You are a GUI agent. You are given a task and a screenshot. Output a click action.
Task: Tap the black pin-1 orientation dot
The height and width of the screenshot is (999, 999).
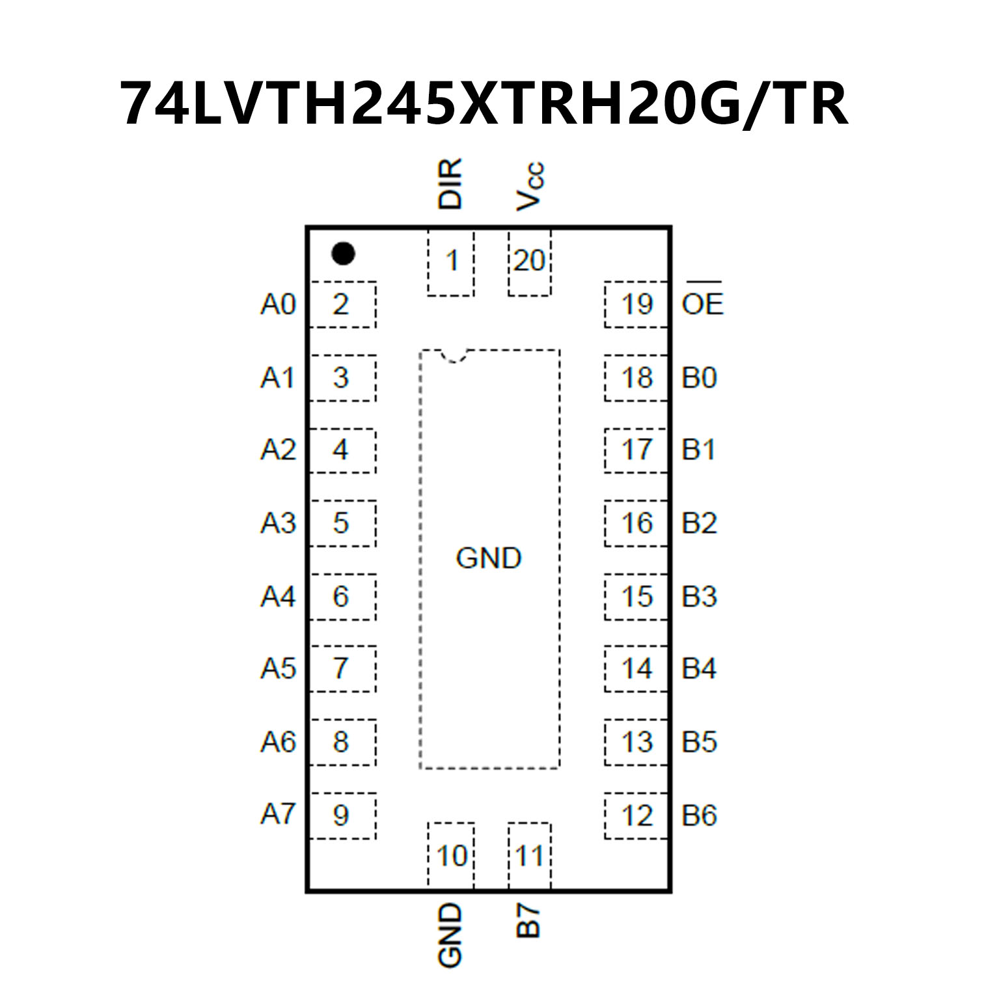point(343,253)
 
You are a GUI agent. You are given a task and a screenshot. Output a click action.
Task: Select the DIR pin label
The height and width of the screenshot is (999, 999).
point(450,184)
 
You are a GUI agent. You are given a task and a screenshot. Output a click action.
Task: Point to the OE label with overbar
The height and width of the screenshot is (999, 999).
point(702,303)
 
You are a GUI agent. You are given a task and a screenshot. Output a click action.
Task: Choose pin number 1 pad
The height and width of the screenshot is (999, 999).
point(451,262)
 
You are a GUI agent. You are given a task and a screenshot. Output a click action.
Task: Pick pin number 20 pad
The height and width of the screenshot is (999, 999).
point(529,262)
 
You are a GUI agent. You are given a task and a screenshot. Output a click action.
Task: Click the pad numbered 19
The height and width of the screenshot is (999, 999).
point(636,304)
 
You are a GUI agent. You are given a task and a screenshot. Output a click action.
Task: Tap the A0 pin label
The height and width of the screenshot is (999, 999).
point(278,304)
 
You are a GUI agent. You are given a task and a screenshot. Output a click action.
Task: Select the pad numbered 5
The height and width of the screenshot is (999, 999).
point(342,523)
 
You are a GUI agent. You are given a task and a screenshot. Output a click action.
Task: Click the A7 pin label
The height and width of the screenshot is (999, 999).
point(278,814)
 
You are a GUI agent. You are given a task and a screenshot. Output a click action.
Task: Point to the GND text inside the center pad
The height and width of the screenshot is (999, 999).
point(489,558)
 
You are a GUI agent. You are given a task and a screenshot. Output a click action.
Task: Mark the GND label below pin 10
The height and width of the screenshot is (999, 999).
point(450,935)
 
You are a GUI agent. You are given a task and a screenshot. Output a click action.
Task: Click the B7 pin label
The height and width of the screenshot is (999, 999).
point(529,920)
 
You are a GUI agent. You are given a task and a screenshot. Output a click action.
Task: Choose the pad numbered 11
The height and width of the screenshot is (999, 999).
point(529,856)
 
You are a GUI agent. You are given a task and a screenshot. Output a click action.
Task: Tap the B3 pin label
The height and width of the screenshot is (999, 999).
point(699,596)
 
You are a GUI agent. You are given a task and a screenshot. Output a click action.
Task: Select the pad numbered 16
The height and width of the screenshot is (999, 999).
point(636,523)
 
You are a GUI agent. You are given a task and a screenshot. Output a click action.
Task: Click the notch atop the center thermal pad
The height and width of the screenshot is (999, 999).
point(454,356)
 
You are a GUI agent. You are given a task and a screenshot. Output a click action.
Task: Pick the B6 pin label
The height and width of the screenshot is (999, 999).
point(699,815)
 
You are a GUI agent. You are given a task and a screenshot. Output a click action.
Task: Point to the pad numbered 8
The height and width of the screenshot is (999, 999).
point(342,742)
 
